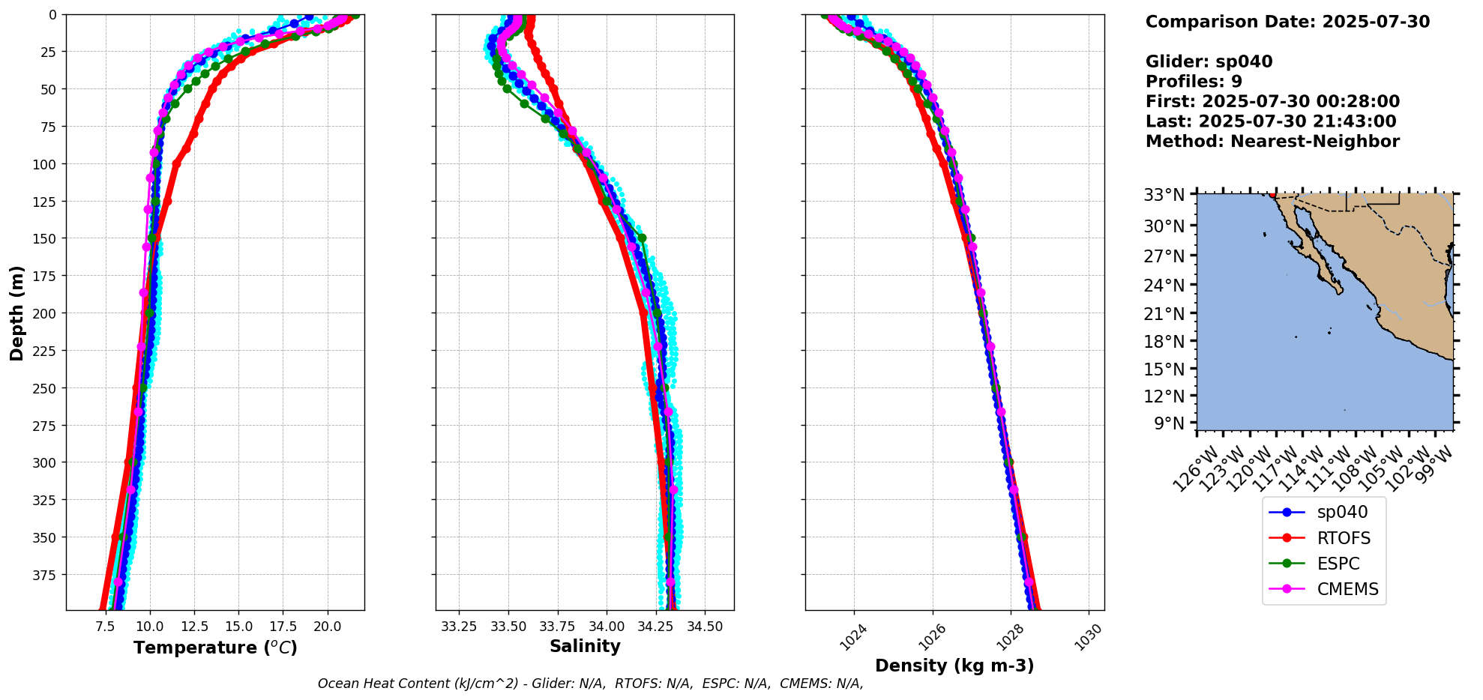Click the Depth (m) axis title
coord(16,313)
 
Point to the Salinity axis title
coord(585,647)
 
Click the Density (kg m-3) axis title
coord(954,666)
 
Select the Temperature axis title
coord(215,648)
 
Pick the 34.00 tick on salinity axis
coord(607,626)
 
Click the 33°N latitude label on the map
coord(1164,196)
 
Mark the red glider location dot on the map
coord(1272,195)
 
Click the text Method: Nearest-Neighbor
coord(1272,142)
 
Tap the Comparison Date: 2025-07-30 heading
coord(1287,22)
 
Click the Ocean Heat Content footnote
coord(590,684)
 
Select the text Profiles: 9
coord(1194,82)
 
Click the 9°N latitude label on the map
coord(1169,424)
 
